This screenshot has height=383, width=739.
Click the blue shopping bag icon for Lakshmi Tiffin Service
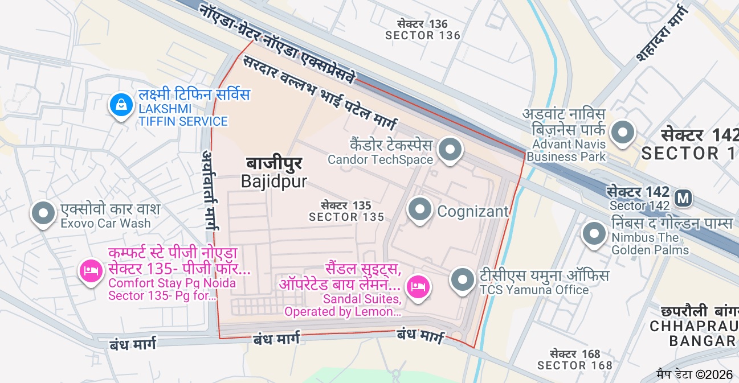tap(121, 105)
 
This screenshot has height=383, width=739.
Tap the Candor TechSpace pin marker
tap(451, 150)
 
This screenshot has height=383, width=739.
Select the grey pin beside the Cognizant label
tap(420, 209)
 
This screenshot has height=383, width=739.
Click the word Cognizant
tap(472, 212)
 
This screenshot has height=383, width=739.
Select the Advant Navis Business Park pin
tap(622, 132)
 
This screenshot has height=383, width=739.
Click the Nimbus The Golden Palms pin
tap(595, 233)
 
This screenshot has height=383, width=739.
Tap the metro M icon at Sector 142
tap(683, 199)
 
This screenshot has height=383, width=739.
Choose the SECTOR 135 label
tap(346, 217)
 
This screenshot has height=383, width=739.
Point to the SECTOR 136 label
tap(422, 35)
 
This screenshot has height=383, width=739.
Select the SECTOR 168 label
tap(574, 365)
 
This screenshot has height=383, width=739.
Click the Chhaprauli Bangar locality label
tap(693, 327)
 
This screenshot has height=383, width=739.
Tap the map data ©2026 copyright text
tap(694, 374)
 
